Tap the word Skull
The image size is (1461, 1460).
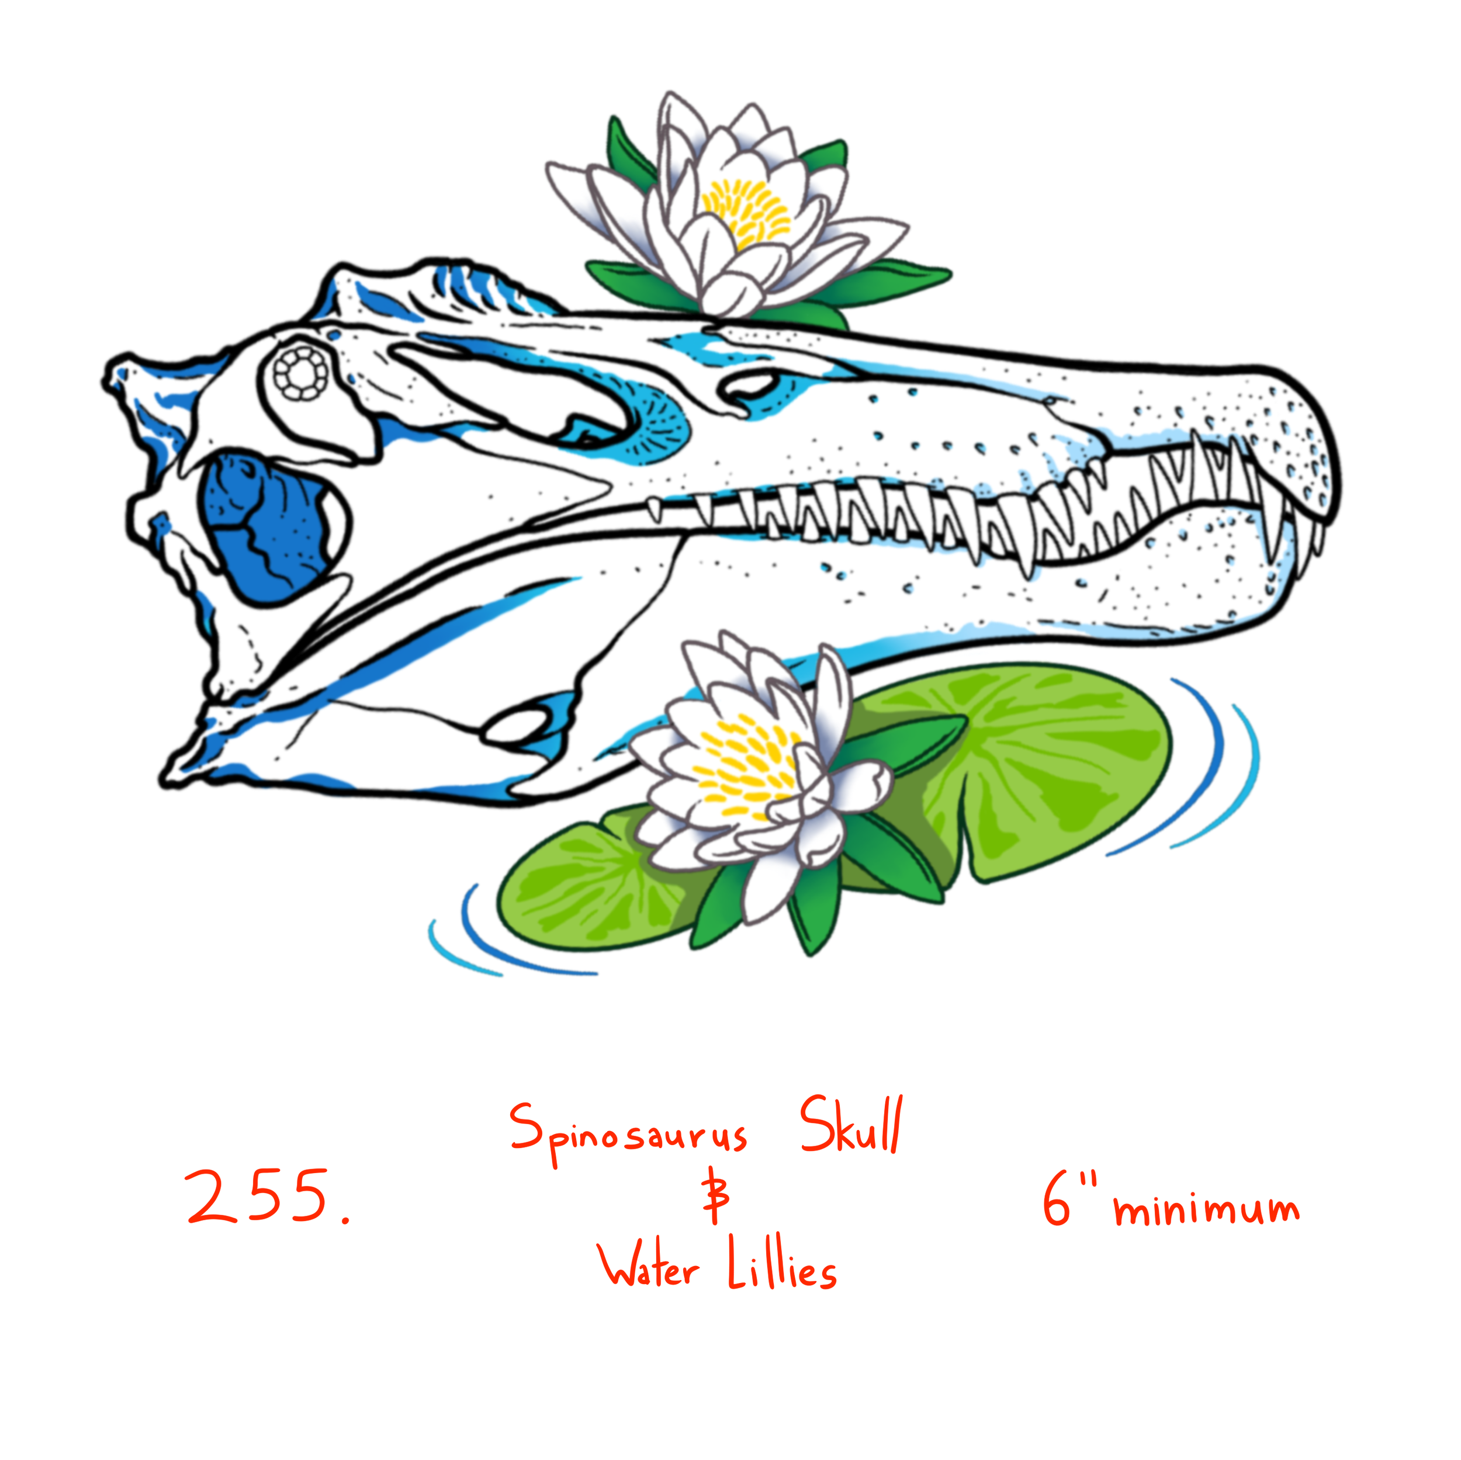click(851, 1126)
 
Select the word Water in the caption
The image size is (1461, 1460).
click(648, 1267)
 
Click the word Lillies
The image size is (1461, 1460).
click(782, 1267)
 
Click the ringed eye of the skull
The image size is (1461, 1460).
click(301, 373)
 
